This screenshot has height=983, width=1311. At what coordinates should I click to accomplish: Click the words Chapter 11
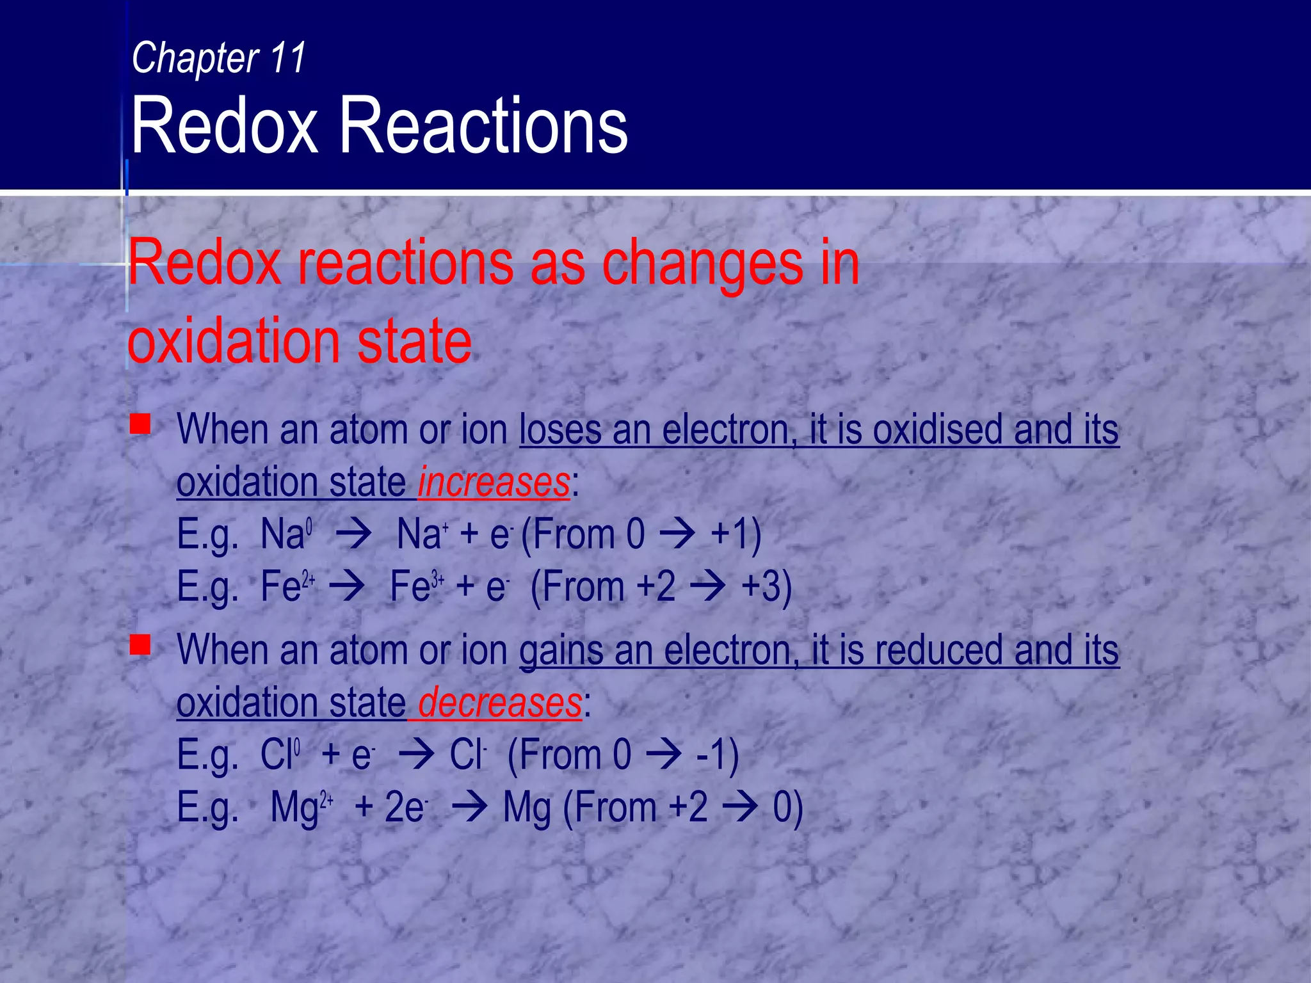coord(218,58)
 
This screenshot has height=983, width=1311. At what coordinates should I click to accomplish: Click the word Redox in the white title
coord(224,125)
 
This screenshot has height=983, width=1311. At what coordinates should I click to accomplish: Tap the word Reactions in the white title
coord(483,125)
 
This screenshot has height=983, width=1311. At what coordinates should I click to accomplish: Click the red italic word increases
coord(494,482)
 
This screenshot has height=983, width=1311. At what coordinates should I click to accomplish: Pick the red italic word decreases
coord(500,703)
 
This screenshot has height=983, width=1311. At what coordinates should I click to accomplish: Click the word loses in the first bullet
coord(560,429)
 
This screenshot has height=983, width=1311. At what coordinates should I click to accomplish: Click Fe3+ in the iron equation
coord(417,586)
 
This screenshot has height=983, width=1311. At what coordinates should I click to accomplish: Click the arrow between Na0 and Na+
coord(353,534)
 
